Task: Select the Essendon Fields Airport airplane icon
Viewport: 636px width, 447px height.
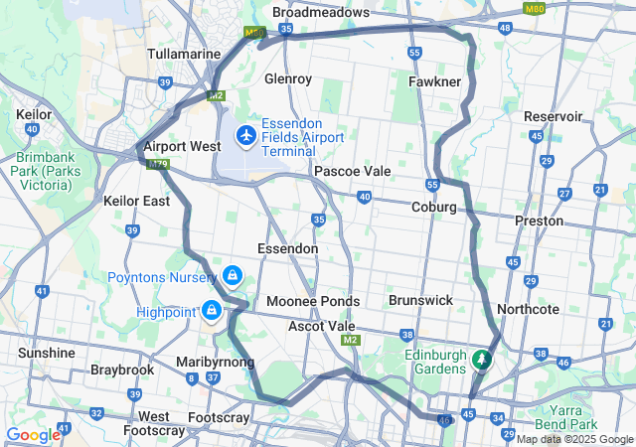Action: pos(244,134)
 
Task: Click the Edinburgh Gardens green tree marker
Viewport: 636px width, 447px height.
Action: pos(482,359)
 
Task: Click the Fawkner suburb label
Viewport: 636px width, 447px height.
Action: pos(433,79)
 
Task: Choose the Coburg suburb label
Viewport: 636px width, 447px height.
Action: pos(433,208)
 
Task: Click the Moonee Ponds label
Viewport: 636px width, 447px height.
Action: pos(313,301)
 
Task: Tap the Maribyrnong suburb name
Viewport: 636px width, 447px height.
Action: pos(216,361)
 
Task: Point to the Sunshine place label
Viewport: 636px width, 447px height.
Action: pos(46,353)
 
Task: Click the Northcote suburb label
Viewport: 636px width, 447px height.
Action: pos(528,309)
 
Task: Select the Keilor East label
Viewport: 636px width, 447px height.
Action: pos(136,201)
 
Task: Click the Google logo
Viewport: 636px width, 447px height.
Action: pos(33,435)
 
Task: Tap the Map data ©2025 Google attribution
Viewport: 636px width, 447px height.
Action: pos(574,439)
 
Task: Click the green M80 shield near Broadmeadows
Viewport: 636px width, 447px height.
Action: pos(253,33)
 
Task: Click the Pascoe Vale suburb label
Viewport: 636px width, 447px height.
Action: pos(352,172)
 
